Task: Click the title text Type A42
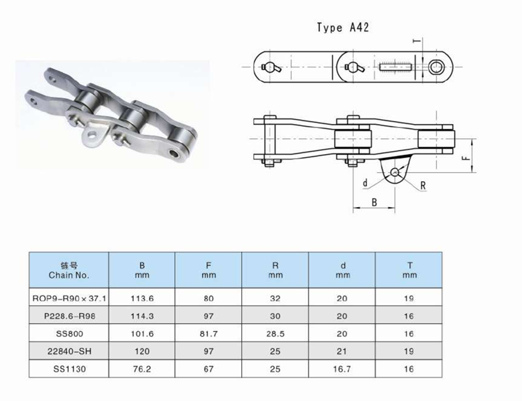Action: pos(343,28)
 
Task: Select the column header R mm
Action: pos(275,270)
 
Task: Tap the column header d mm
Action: pos(342,270)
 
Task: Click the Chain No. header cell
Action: pos(69,270)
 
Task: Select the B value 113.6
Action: pos(142,297)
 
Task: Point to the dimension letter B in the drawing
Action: pos(374,202)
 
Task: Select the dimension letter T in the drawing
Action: pos(415,41)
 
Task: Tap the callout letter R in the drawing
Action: pos(423,185)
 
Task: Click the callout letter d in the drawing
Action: pos(365,182)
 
